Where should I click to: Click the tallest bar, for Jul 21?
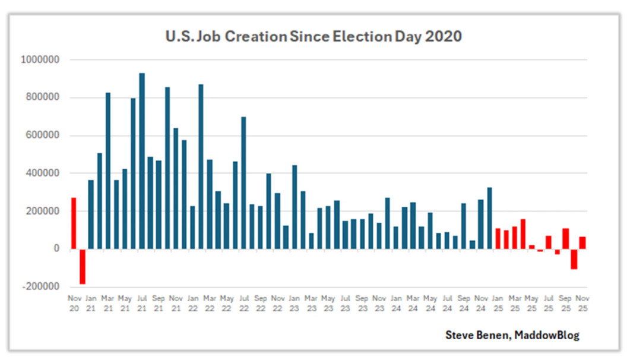click(x=142, y=160)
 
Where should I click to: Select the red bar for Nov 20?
click(x=74, y=223)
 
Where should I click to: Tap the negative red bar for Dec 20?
click(x=83, y=266)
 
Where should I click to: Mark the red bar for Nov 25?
click(x=582, y=242)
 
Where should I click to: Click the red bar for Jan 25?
click(x=498, y=238)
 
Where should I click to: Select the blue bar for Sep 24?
click(x=464, y=226)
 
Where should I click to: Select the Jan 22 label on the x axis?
click(x=192, y=302)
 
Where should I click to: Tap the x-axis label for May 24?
click(x=430, y=302)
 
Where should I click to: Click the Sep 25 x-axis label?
click(x=565, y=302)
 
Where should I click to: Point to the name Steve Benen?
click(x=476, y=335)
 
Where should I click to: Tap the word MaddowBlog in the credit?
click(x=546, y=335)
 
